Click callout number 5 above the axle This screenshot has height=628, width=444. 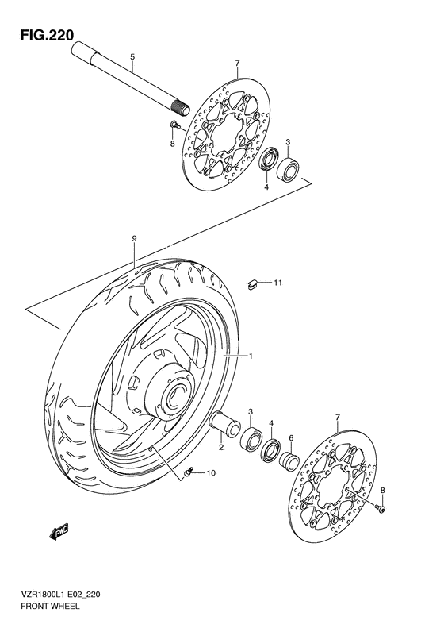click(x=132, y=56)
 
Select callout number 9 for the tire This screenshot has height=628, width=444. click(x=135, y=238)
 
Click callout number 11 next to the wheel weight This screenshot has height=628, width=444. click(x=278, y=283)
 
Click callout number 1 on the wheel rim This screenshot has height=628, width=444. click(x=251, y=356)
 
